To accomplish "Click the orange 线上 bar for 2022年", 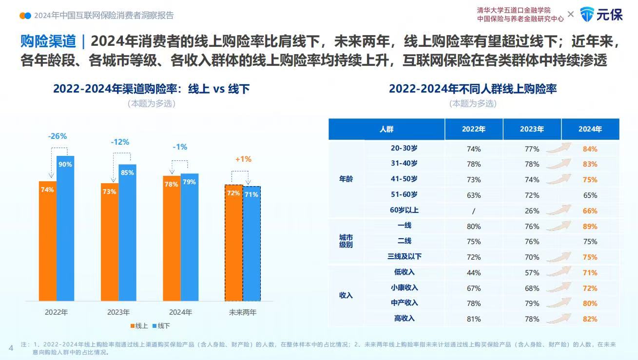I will pyautogui.click(x=48, y=241).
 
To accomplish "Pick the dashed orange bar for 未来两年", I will pyautogui.click(x=233, y=243).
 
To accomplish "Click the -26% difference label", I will pyautogui.click(x=57, y=136).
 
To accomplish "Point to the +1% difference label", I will pyautogui.click(x=243, y=159).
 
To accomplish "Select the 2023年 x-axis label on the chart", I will pyautogui.click(x=118, y=312).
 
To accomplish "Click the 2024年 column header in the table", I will pyautogui.click(x=590, y=129).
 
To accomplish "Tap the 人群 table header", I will pyautogui.click(x=387, y=129).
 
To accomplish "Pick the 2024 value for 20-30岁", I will pyautogui.click(x=590, y=149).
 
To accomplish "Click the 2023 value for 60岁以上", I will pyautogui.click(x=532, y=211).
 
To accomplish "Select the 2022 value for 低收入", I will pyautogui.click(x=473, y=273).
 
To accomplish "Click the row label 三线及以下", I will pyautogui.click(x=404, y=257).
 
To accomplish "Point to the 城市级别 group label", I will pyautogui.click(x=346, y=241).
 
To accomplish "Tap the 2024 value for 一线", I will pyautogui.click(x=590, y=227).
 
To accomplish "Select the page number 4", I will pyautogui.click(x=11, y=347).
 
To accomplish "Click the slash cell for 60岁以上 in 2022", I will pyautogui.click(x=473, y=211).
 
